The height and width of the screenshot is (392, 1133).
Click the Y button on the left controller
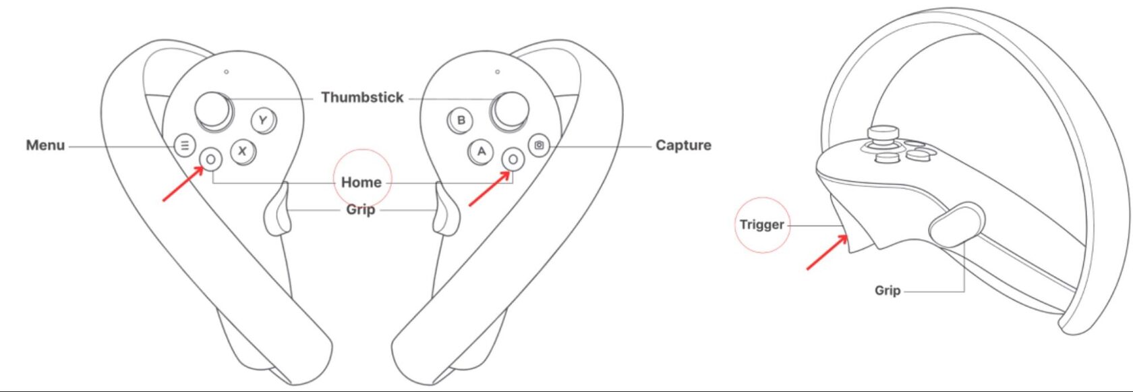(263, 121)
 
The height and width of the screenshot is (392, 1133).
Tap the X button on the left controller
(242, 151)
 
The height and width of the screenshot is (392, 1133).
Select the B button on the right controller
(461, 121)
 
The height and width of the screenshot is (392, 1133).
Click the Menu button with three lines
(185, 145)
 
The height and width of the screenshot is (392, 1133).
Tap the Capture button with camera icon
(539, 145)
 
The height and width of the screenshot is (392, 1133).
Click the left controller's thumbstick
(213, 109)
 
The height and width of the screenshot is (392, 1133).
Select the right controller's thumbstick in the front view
(510, 110)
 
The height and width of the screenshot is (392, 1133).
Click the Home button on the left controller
(211, 159)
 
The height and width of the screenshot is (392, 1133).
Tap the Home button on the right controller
(513, 159)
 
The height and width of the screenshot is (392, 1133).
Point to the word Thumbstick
(362, 97)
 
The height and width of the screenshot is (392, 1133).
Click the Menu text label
(45, 145)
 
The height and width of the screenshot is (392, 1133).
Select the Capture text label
(683, 145)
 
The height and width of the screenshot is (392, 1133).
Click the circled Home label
(361, 182)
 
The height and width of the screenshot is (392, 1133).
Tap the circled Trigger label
(761, 225)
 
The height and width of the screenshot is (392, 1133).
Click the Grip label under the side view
(888, 290)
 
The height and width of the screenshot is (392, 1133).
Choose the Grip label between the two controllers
(360, 210)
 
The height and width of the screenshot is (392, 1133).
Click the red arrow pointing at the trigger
(827, 252)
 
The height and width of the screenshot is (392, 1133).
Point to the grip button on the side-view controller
(956, 223)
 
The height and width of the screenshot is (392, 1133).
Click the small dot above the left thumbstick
(227, 72)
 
